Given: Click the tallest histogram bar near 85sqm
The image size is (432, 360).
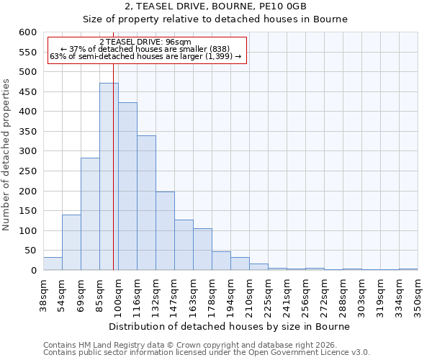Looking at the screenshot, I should tap(109, 176).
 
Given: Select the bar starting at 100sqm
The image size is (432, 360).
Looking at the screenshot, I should tap(127, 186).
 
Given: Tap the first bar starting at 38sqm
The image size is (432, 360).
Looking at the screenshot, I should tap(53, 264).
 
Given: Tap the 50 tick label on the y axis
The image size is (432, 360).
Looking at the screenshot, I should tap(30, 251).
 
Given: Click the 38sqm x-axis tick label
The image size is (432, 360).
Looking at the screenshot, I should tap(44, 294).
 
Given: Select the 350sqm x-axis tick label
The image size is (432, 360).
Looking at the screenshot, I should tap(418, 294).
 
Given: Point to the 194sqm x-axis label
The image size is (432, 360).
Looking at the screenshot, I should tap(230, 294).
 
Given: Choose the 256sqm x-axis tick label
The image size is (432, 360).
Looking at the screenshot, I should tap(305, 294).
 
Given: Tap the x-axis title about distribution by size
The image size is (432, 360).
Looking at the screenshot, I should tap(230, 326).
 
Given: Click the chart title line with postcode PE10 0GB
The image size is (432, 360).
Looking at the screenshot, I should tap(215, 6).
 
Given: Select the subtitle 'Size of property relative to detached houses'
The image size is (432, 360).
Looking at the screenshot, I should tap(215, 19).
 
